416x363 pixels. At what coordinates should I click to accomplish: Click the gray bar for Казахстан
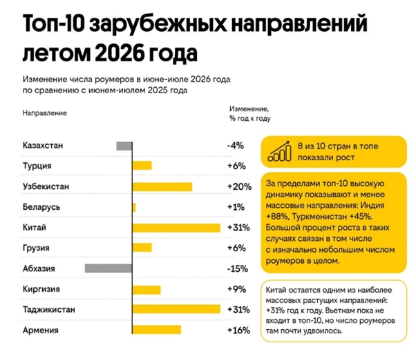click(x=124, y=146)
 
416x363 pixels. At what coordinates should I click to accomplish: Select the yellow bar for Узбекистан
click(x=162, y=187)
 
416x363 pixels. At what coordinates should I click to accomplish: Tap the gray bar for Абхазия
click(x=108, y=268)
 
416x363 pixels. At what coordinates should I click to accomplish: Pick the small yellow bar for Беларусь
click(x=134, y=208)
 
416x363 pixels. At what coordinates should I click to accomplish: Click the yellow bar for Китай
click(x=176, y=228)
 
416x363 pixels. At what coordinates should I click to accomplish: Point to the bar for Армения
click(x=157, y=330)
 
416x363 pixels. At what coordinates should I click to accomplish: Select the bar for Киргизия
click(x=146, y=290)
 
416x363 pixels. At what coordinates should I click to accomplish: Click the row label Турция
click(x=37, y=166)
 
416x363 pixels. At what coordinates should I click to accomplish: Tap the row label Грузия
click(x=36, y=248)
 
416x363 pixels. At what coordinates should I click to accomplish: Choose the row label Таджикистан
click(x=49, y=309)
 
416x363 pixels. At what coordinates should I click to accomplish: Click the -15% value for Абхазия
click(x=238, y=268)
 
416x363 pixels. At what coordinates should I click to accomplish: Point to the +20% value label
click(x=239, y=187)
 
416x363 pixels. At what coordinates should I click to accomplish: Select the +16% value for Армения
click(x=239, y=330)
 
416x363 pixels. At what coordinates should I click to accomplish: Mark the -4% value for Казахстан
click(x=236, y=146)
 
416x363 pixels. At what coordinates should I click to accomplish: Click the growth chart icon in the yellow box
click(x=280, y=151)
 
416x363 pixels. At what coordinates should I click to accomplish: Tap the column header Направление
click(x=44, y=113)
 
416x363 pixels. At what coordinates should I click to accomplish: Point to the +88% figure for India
click(x=277, y=217)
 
